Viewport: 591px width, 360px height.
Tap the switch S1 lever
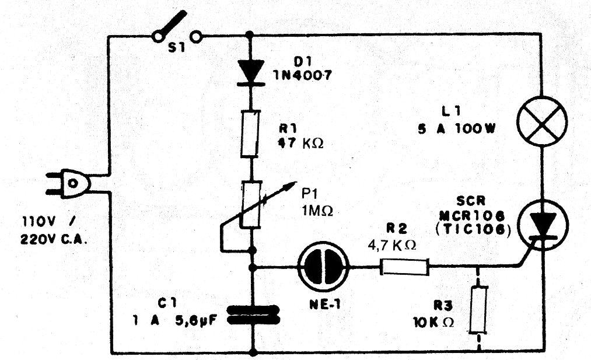[176, 24]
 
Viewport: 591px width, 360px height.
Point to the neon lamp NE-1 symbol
[323, 268]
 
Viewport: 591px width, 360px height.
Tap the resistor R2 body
[405, 268]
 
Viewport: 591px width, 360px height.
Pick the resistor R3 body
[480, 309]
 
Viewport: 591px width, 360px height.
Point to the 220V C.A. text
[51, 239]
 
